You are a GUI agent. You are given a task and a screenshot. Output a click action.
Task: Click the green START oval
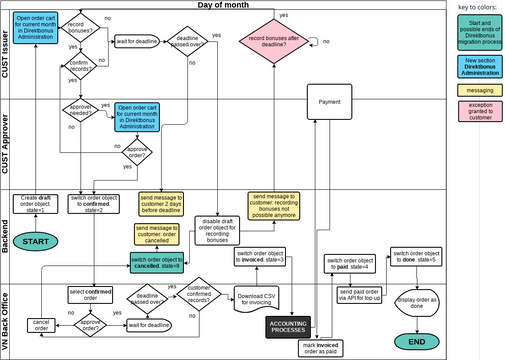[x=36, y=242]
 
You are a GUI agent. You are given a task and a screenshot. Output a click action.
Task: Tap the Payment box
[x=329, y=102]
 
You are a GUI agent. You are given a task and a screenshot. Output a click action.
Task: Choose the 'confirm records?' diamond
[x=81, y=68]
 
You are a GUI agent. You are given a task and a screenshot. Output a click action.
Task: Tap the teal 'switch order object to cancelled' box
[x=158, y=263]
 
